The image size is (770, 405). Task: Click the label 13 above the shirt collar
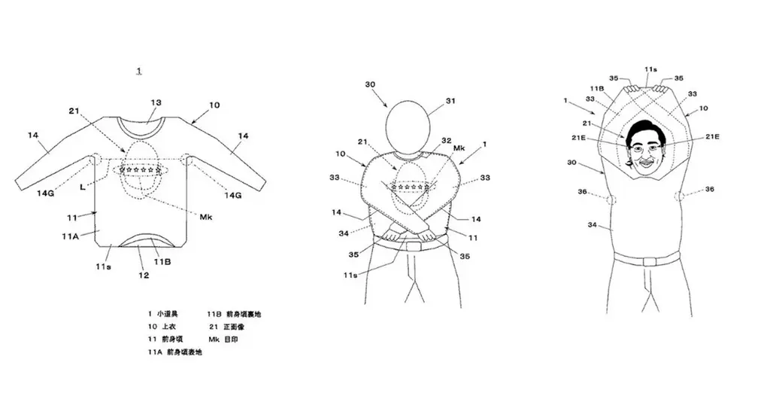tap(156, 102)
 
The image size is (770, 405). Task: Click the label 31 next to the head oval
tap(450, 100)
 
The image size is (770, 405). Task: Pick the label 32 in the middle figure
tap(446, 140)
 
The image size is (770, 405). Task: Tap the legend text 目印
tap(238, 340)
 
